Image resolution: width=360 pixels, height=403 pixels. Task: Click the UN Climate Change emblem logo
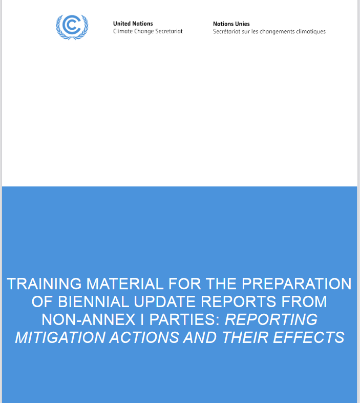coord(72,27)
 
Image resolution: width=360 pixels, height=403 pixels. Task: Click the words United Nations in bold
coord(133,24)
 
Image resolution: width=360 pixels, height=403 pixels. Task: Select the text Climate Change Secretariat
coord(148,31)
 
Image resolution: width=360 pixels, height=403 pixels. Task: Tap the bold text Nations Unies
coord(231,24)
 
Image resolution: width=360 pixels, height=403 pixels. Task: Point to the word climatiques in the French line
coord(311,32)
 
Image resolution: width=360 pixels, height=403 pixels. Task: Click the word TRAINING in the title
coord(44,284)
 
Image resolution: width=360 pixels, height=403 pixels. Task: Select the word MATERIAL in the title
coord(125,284)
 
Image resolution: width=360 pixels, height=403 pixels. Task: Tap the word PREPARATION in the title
coord(297,284)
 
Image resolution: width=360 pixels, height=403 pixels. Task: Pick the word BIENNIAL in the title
coord(94,301)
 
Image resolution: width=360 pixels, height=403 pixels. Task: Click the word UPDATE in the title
coord(165,301)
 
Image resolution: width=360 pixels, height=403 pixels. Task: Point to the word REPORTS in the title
coord(238,301)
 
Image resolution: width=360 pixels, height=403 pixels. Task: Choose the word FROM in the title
coord(304,301)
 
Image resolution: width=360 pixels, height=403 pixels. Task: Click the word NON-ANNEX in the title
coord(89,319)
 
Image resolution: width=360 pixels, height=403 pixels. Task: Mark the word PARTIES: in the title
coord(185,319)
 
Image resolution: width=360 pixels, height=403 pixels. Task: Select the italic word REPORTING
coord(271,319)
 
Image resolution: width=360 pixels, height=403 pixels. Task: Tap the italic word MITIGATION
coord(60,337)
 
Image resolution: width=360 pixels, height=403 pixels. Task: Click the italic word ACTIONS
coord(144,337)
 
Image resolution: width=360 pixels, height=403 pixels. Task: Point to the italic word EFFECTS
coord(308,337)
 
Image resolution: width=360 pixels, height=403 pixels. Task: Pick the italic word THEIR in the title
coord(245,337)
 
